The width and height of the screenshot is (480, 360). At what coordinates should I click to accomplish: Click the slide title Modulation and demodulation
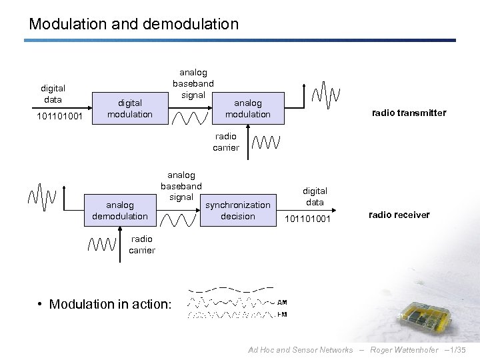133,24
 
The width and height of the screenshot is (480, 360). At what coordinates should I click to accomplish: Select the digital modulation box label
130,109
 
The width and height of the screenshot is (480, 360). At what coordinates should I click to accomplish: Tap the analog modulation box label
247,109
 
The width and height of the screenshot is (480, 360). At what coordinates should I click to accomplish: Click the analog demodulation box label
120,211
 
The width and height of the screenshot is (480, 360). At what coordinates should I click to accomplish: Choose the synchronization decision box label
237,211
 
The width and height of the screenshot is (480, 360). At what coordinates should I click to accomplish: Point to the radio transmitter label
408,113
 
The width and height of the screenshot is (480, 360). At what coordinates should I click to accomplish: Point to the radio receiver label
399,215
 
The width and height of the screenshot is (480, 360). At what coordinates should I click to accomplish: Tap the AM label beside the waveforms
282,302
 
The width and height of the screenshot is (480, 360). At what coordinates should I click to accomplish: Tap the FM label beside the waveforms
282,314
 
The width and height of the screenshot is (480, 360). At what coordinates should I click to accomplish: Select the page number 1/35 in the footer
460,350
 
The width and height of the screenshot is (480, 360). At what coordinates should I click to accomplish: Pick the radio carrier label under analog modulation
225,142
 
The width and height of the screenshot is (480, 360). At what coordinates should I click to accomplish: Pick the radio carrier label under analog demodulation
142,245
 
